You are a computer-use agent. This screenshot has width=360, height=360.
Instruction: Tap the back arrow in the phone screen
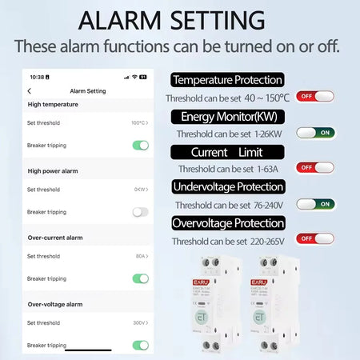(x=30, y=91)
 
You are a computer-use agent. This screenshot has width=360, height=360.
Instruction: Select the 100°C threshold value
(x=138, y=123)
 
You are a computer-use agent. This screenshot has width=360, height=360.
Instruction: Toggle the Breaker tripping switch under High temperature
(x=141, y=146)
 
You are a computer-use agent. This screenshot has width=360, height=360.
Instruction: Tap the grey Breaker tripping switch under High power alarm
(x=141, y=212)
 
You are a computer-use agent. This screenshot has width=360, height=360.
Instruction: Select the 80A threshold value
(x=139, y=256)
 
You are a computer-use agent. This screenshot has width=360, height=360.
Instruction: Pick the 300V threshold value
(x=139, y=322)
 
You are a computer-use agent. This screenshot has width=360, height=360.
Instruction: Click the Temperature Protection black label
(x=227, y=80)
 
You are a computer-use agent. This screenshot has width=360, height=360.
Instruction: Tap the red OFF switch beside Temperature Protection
(x=314, y=97)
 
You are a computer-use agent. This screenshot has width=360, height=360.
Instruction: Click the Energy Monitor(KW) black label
(x=227, y=117)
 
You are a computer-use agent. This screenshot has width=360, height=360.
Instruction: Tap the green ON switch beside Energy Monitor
(x=314, y=133)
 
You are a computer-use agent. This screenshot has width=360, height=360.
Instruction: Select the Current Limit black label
(x=227, y=152)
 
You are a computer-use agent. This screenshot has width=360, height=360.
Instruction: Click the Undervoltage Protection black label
(x=227, y=186)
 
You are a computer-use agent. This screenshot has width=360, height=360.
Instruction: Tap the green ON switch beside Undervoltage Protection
(x=314, y=204)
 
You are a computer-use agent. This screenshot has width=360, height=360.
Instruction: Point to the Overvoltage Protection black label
(x=227, y=223)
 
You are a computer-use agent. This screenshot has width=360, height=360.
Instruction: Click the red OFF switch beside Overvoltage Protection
(x=314, y=238)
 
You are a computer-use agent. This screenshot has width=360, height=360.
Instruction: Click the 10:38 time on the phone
(x=37, y=78)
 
